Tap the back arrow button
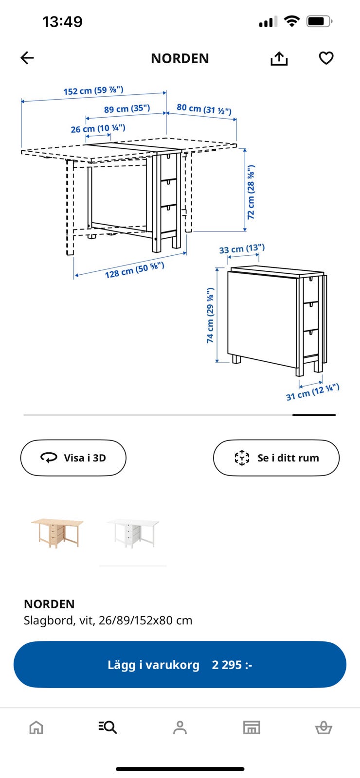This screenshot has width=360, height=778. tap(27, 58)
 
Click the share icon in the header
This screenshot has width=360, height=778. tap(279, 58)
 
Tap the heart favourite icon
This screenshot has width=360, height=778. tap(326, 58)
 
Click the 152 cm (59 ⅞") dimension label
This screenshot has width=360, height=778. tap(93, 90)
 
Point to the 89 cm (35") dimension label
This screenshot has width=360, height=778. tap(127, 109)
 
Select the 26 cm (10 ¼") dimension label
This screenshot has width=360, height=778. tap(98, 128)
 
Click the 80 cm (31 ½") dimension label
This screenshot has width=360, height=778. tap(204, 109)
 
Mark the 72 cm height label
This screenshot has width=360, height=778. tap(251, 192)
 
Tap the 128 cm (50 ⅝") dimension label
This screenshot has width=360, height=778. tap(134, 270)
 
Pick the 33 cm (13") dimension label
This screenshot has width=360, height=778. tap(242, 248)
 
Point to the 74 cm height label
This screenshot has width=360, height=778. tap(210, 316)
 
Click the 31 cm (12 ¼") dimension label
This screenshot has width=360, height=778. tap(313, 392)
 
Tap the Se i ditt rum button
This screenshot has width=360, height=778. tap(276, 458)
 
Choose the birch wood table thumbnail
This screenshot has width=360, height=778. tap(57, 533)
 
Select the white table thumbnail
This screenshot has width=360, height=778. tap(133, 533)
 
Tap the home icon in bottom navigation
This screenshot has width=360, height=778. tap(36, 727)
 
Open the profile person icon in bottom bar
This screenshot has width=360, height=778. tap(180, 727)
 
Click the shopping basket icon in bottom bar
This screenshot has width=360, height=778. tap(324, 727)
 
